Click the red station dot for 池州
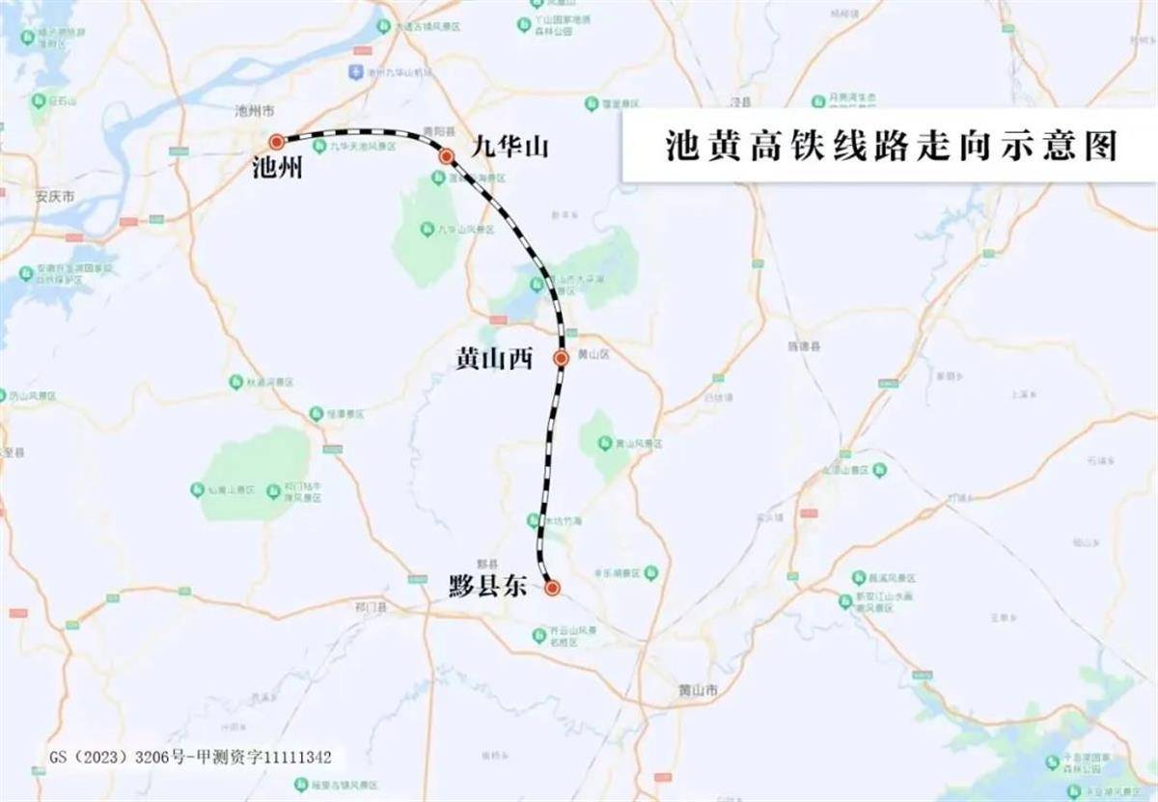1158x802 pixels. pos(277,142)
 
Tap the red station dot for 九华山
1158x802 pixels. pos(446,155)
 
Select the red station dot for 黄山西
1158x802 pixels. pos(561,358)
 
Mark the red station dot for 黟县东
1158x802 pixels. pos(552,587)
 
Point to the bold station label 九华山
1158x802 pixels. pos(510,147)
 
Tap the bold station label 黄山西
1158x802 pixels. pos(494,359)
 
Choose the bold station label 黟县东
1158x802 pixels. pos(488,586)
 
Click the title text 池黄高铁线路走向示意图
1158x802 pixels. pos(891,146)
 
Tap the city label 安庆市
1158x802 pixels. pos(55,197)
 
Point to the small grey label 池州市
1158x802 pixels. pos(256,112)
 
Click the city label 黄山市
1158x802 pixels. pos(699,691)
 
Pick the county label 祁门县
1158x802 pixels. pos(371,608)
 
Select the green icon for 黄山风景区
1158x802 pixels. pos(605,443)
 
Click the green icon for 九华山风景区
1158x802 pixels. pos(427,229)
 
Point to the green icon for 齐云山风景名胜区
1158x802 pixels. pos(539,634)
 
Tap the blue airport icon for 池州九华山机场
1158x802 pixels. pos(356,72)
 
